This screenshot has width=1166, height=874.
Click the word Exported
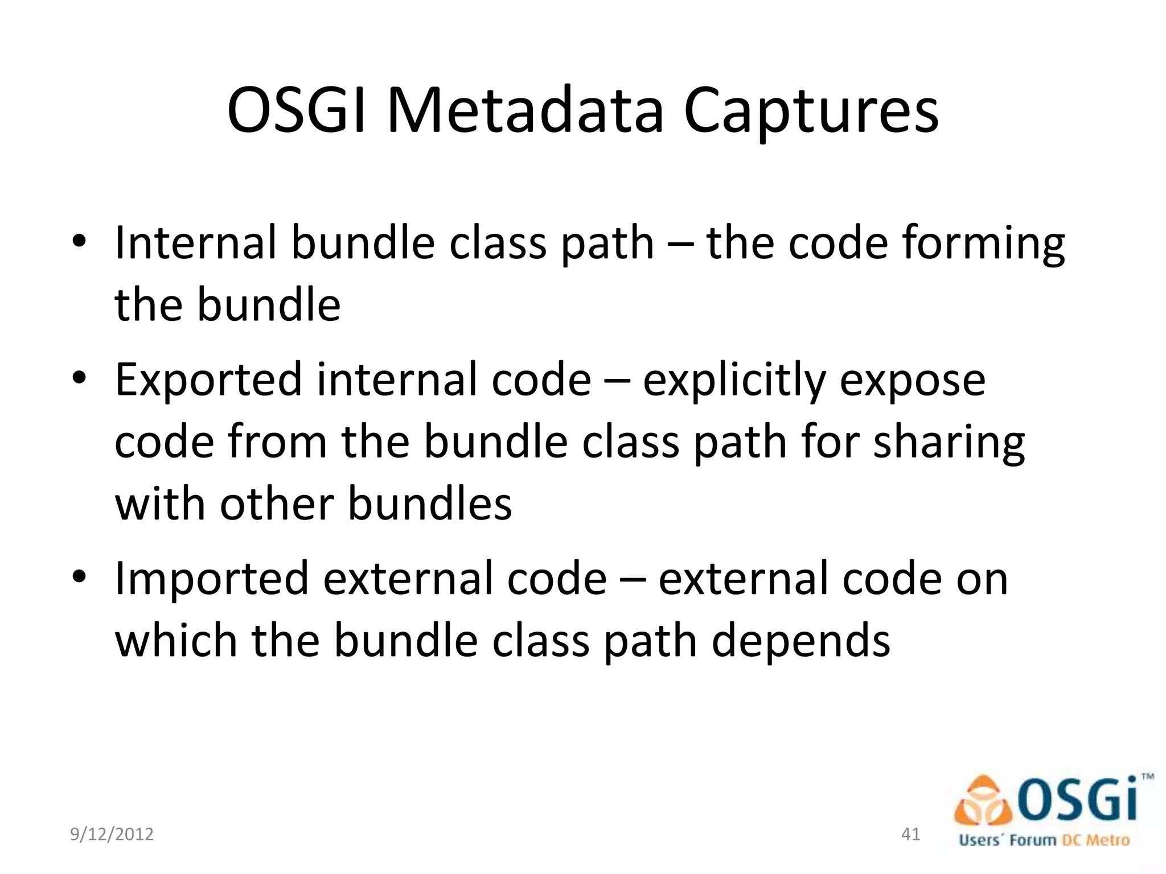click(208, 380)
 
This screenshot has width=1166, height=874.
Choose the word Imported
click(211, 579)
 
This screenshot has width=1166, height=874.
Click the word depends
click(801, 642)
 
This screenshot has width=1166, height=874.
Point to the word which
click(176, 641)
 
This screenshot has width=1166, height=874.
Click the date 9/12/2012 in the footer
click(112, 834)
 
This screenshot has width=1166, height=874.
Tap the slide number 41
click(911, 834)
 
